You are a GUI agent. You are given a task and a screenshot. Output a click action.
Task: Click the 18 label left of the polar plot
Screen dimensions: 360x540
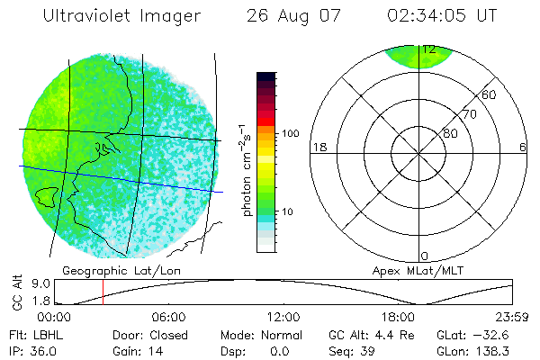[318, 147]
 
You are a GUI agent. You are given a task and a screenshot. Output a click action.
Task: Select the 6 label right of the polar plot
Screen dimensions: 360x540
[523, 147]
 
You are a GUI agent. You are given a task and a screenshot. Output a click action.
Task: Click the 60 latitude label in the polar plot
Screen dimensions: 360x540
[490, 94]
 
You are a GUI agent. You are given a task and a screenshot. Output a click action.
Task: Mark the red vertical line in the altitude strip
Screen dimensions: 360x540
[103, 292]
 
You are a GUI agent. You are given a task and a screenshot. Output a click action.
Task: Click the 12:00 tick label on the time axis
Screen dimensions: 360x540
[283, 317]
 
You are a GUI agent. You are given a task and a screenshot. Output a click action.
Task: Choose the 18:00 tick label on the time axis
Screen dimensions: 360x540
[399, 317]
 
